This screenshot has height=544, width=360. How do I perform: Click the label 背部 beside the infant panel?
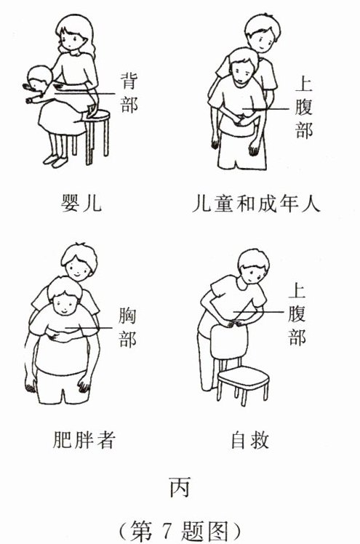coord(129,92)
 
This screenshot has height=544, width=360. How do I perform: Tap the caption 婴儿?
coord(81,202)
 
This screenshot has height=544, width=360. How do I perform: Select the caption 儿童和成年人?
coord(256,203)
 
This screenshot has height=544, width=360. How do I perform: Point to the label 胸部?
coord(127,327)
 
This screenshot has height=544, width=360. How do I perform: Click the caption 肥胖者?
coord(84,439)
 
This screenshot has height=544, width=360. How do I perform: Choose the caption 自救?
coord(250,439)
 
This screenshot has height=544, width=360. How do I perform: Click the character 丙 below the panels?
coord(180,487)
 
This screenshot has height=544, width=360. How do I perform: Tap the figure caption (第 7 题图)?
coord(180,531)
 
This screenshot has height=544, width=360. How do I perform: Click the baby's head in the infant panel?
coord(38,79)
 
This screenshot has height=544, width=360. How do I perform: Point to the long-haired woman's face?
coord(72,39)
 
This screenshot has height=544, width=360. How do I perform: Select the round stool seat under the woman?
coord(97,116)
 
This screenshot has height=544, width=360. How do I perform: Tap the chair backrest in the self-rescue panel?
coord(229,342)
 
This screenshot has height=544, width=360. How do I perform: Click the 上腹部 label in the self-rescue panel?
coord(297,315)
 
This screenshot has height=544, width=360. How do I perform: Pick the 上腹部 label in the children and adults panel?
coord(304,108)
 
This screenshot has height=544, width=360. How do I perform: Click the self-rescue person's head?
coord(254,266)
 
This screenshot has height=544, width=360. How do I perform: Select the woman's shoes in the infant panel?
coord(55,160)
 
